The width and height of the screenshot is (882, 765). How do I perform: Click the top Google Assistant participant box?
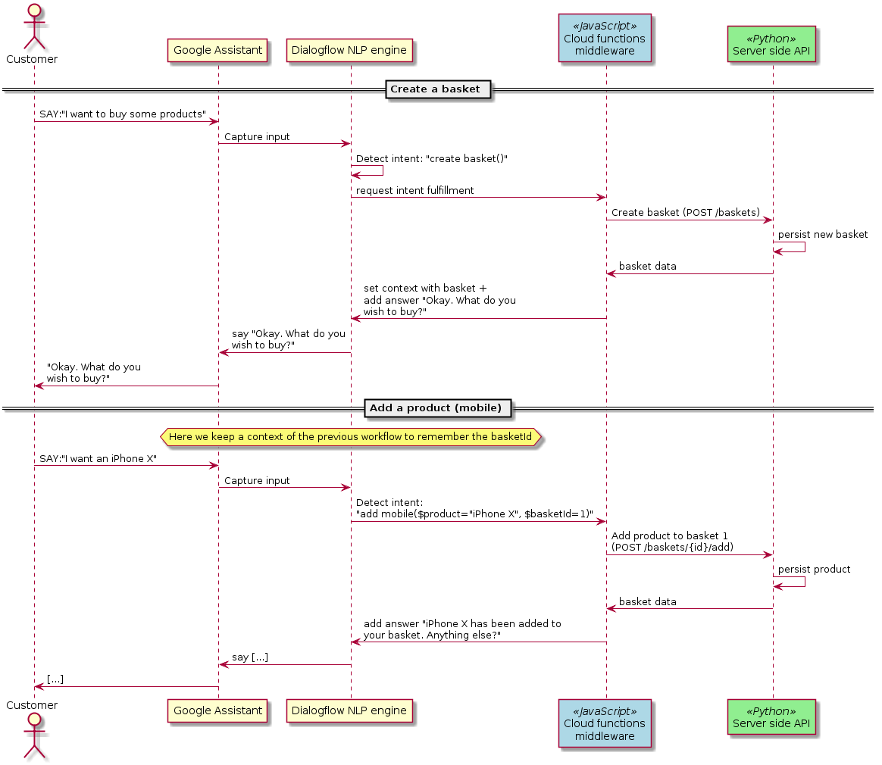[x=218, y=51]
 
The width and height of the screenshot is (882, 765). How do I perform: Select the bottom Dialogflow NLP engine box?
[x=349, y=711]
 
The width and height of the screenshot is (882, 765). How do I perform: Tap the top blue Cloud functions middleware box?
[x=605, y=39]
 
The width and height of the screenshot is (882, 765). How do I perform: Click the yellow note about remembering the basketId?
[x=350, y=437]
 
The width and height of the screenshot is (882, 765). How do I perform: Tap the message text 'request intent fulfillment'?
[x=415, y=191]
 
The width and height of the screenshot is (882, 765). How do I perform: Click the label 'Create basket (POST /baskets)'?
[x=686, y=213]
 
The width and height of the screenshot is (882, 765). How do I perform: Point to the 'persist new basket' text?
[x=823, y=235]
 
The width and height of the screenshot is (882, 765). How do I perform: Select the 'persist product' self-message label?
[x=814, y=570]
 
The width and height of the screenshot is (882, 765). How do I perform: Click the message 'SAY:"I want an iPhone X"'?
[x=98, y=459]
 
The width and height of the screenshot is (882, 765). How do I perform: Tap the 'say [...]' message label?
[x=250, y=657]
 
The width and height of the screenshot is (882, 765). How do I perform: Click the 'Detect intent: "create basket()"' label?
[x=432, y=159]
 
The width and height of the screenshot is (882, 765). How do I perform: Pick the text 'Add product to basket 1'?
[x=670, y=536]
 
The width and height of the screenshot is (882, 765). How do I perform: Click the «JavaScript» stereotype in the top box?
[x=605, y=27]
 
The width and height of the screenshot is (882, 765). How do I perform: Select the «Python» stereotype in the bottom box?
[x=771, y=712]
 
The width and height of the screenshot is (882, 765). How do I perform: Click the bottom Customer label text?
[x=32, y=705]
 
